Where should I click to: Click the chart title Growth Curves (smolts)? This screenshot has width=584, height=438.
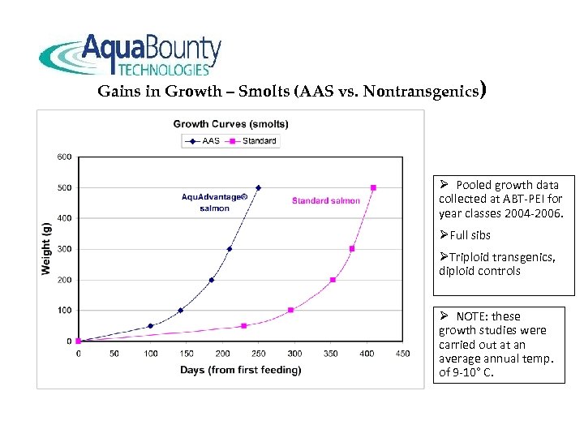(230, 124)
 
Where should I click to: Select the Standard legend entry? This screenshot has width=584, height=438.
(252, 140)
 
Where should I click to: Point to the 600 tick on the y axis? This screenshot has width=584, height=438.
(63, 157)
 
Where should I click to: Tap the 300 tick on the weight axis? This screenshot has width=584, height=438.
(63, 249)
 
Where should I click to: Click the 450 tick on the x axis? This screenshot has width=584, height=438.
(402, 354)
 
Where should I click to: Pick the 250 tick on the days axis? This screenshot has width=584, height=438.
(259, 354)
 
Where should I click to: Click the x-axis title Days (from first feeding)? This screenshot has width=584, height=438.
(240, 370)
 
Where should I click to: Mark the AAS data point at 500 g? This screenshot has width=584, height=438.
(259, 187)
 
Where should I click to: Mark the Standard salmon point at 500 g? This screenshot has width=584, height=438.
(373, 187)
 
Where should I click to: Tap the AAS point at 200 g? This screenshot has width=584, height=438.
(212, 280)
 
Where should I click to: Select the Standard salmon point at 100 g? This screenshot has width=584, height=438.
(290, 310)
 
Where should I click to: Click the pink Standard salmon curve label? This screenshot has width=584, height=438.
(325, 201)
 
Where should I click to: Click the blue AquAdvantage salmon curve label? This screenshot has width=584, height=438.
(214, 202)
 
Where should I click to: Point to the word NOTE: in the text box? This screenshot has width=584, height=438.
(476, 316)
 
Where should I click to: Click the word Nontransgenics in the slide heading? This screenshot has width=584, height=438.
(420, 92)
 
